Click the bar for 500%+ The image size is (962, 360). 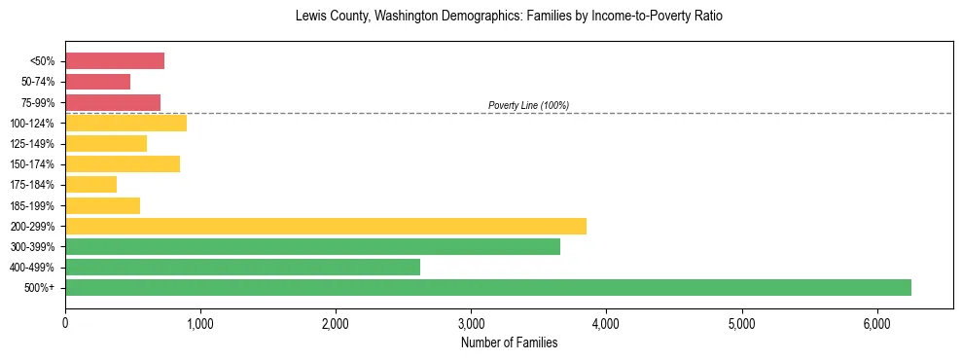(487, 287)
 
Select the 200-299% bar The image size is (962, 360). (325, 226)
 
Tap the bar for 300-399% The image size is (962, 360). (312, 246)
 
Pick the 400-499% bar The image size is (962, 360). (242, 267)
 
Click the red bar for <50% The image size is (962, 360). (115, 61)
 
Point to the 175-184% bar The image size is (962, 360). (90, 184)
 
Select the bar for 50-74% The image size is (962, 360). (97, 82)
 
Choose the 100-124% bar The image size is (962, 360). (125, 123)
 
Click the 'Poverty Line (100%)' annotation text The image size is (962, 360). (528, 105)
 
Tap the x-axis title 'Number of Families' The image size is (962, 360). (509, 342)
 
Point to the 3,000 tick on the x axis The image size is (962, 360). (471, 322)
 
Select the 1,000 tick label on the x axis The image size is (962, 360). (200, 322)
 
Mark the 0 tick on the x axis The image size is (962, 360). (65, 322)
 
